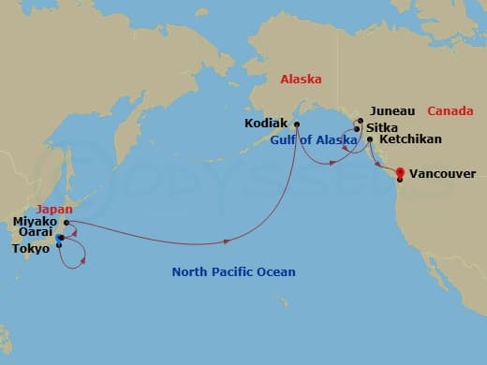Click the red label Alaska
tap(300, 80)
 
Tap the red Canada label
tap(449, 111)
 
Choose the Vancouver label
tap(443, 173)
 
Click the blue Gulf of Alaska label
tap(314, 140)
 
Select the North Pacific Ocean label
tap(233, 272)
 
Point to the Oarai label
tap(34, 236)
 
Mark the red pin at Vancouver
tap(400, 173)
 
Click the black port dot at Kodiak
tap(296, 124)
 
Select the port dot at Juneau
tap(359, 121)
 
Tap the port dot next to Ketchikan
tap(371, 140)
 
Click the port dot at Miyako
tap(66, 223)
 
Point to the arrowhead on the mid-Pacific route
tap(228, 242)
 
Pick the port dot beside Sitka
tap(357, 129)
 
